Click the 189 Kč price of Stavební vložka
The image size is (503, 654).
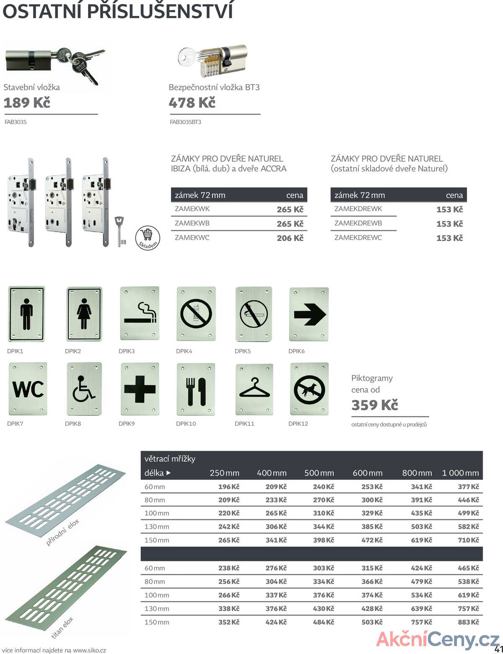27,103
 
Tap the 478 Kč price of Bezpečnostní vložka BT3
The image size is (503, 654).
192,103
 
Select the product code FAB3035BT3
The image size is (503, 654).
185,122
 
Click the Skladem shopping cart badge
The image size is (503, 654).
148,238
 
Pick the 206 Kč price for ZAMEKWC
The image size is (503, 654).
290,238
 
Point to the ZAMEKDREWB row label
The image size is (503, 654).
358,223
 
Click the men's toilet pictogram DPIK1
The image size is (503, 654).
26,314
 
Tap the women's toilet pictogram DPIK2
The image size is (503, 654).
84,314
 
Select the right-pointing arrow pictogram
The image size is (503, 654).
309,314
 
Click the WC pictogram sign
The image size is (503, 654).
28,389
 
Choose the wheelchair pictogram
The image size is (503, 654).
84,389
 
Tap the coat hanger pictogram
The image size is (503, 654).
254,389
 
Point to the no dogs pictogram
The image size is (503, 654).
309,389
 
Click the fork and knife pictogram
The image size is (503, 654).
196,389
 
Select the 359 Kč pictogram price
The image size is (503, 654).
375,405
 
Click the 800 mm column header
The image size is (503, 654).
417,473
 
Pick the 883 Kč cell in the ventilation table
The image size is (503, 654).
468,622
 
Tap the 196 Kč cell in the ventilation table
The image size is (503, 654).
228,487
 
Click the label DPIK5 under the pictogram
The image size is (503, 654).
243,351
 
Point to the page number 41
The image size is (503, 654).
498,649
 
